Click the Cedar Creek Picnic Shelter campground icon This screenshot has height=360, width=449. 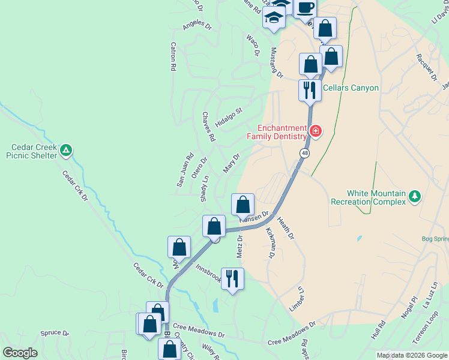tap(67, 149)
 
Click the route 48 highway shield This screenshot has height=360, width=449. tap(305, 154)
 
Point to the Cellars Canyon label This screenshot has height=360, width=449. tap(351, 88)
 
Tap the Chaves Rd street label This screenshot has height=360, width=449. tap(208, 126)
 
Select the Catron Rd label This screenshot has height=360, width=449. tap(173, 56)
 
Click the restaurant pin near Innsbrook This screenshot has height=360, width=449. tap(232, 278)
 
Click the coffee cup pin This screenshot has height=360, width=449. tap(305, 7)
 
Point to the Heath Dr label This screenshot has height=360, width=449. tap(286, 229)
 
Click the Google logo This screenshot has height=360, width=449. tap(20, 353)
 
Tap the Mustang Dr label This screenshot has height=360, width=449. tap(276, 62)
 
